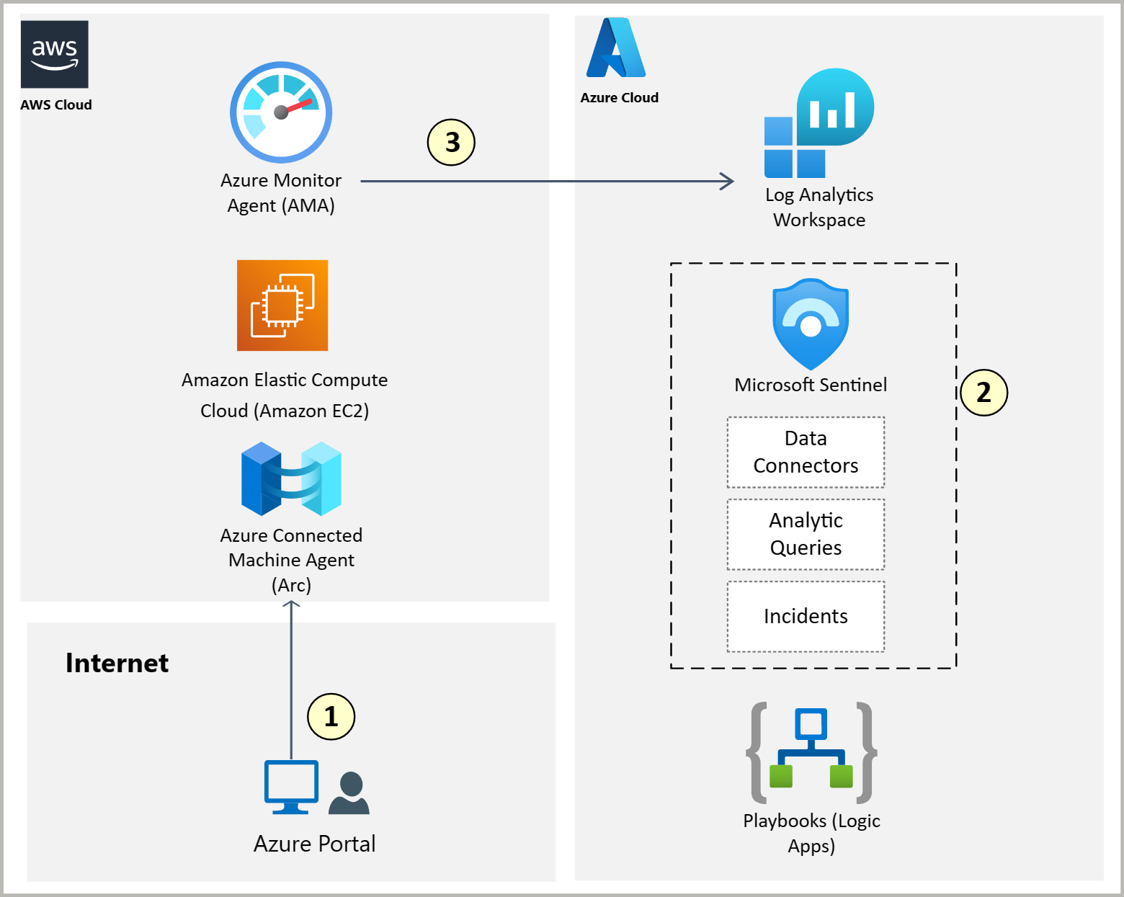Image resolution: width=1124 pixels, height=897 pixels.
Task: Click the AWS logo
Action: click(55, 54)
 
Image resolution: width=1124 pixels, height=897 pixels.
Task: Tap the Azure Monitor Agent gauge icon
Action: click(281, 112)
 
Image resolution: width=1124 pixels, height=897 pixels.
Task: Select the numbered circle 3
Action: click(452, 143)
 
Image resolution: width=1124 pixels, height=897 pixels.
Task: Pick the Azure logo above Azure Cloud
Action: click(616, 48)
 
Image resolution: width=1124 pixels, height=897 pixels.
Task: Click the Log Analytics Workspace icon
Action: click(819, 124)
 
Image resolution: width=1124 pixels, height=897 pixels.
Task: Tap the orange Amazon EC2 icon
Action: click(282, 305)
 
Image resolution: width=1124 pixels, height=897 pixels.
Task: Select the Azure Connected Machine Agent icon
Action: click(291, 479)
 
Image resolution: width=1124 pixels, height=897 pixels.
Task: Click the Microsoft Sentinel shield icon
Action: click(811, 324)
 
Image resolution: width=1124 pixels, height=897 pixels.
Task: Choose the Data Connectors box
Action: click(806, 452)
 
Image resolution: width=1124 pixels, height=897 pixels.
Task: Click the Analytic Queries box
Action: click(806, 535)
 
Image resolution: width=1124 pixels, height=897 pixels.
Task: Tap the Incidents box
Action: click(806, 617)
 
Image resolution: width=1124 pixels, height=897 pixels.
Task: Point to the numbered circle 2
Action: click(983, 393)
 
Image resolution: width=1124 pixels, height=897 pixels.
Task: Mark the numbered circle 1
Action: click(331, 717)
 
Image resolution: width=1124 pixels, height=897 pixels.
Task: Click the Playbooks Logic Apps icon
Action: click(811, 753)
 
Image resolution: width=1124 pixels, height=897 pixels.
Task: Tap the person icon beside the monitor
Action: click(349, 793)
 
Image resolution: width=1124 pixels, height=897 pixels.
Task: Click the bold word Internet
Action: click(117, 663)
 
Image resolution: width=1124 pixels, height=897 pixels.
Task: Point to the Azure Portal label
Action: click(314, 844)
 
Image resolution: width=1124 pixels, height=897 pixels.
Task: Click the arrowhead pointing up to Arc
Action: click(291, 605)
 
